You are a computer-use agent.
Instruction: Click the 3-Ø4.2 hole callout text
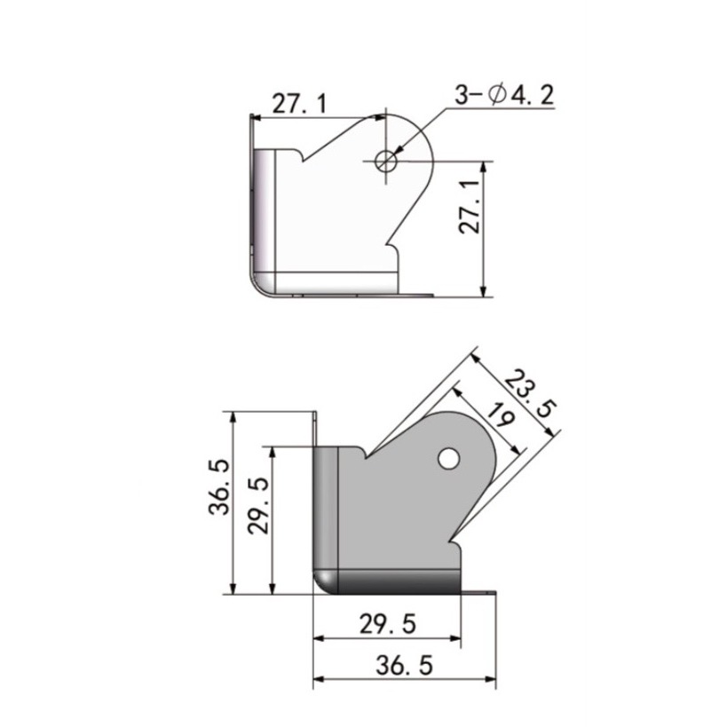(504, 95)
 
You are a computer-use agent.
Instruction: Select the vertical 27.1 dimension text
(470, 206)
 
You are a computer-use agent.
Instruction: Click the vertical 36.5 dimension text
(219, 487)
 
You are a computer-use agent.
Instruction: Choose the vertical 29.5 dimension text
(258, 506)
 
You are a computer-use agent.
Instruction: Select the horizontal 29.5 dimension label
(388, 624)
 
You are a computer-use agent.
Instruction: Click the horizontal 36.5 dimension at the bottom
(404, 665)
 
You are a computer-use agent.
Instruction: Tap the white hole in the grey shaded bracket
(449, 458)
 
